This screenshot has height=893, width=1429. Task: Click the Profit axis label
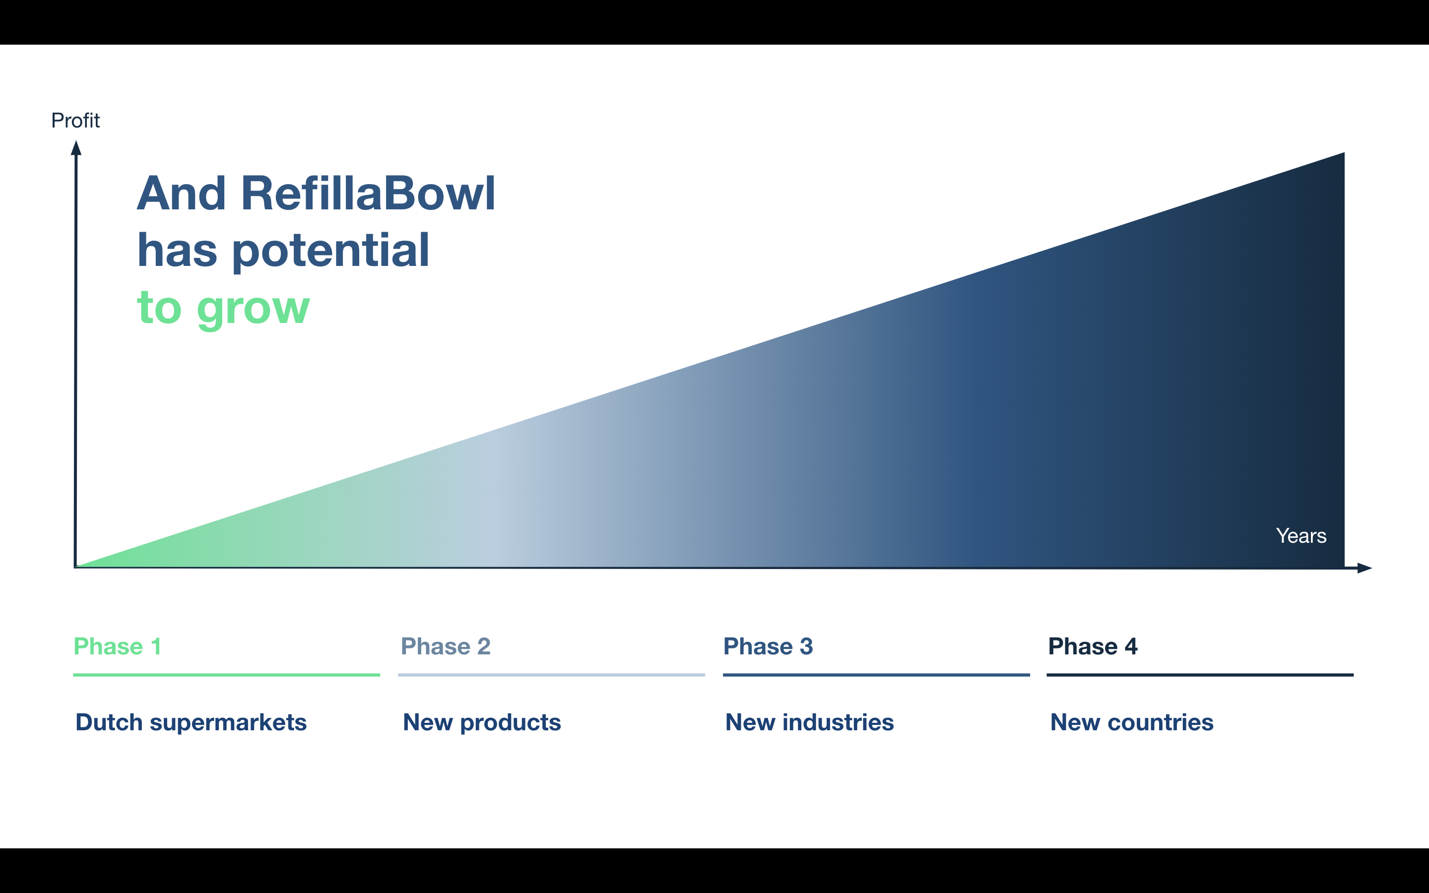[x=75, y=121]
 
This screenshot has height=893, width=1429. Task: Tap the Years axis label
[x=1301, y=536]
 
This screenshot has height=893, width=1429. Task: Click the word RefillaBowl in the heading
[x=368, y=193]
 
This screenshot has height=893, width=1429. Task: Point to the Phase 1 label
[x=117, y=646]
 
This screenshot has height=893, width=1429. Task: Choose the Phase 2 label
[x=445, y=646]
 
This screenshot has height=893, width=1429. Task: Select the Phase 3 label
[x=768, y=646]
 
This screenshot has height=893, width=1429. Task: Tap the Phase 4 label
[x=1093, y=646]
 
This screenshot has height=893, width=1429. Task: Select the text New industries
[x=810, y=722]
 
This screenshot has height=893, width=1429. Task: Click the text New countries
[x=1132, y=722]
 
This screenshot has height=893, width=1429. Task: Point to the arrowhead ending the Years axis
[x=1364, y=568]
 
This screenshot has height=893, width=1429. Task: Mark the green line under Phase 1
[x=227, y=675]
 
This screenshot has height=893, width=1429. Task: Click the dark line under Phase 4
[x=1200, y=675]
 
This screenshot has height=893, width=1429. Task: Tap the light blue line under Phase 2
[x=552, y=675]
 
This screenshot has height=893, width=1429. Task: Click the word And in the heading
[x=181, y=193]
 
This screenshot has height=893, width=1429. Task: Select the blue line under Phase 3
[x=876, y=675]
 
